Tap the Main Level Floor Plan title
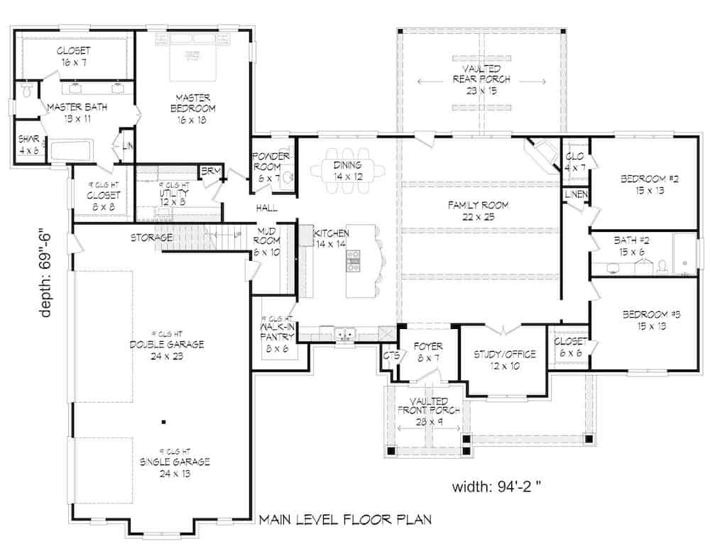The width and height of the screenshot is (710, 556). click(345, 521)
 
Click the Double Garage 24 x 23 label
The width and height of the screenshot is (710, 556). click(167, 350)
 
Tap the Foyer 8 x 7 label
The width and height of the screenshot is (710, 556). click(429, 352)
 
